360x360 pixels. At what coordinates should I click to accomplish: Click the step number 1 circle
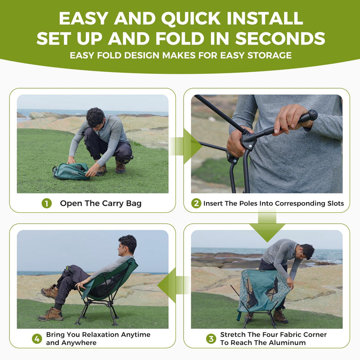(47, 203)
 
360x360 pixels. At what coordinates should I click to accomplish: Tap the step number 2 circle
(196, 203)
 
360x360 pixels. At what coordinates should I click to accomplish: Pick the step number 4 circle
(37, 338)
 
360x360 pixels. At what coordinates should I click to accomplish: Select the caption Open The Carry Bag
(101, 203)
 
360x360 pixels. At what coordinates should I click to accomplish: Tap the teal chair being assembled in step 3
(263, 290)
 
